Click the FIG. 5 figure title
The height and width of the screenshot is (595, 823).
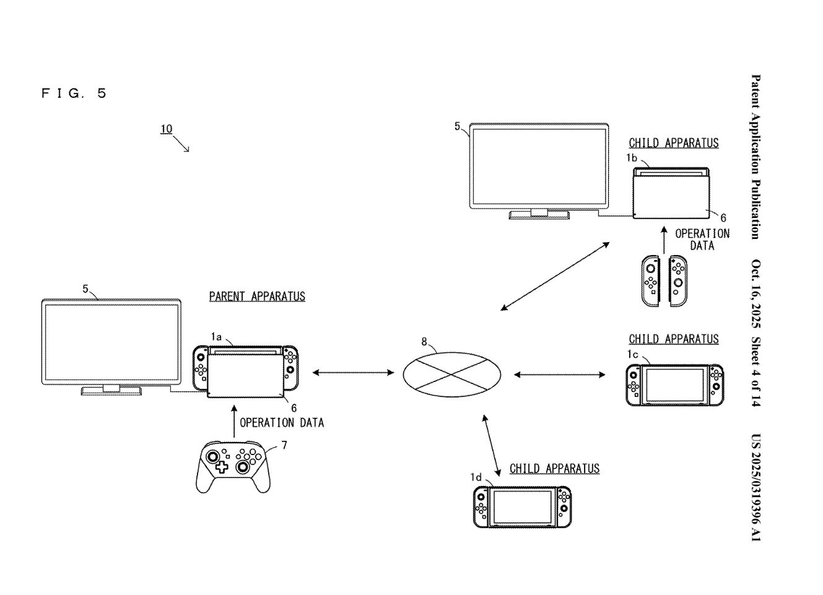click(74, 93)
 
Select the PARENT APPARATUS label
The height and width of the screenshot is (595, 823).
click(257, 297)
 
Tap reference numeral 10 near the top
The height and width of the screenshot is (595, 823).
click(166, 129)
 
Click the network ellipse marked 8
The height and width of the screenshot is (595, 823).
click(451, 373)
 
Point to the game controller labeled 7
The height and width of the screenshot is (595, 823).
click(232, 465)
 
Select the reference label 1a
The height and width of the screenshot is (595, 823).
click(216, 337)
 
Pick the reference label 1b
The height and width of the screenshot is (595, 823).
click(631, 158)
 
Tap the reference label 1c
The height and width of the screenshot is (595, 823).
click(632, 355)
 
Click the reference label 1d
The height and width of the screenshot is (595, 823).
click(476, 477)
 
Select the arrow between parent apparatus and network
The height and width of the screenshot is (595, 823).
click(353, 372)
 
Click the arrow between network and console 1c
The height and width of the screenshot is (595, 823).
click(560, 374)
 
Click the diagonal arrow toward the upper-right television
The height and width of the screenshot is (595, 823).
click(555, 276)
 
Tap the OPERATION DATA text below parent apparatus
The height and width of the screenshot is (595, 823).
click(282, 423)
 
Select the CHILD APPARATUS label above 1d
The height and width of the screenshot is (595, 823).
click(554, 469)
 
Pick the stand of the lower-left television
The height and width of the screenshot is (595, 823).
click(111, 390)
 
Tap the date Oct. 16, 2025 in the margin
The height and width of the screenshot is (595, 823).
click(756, 293)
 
